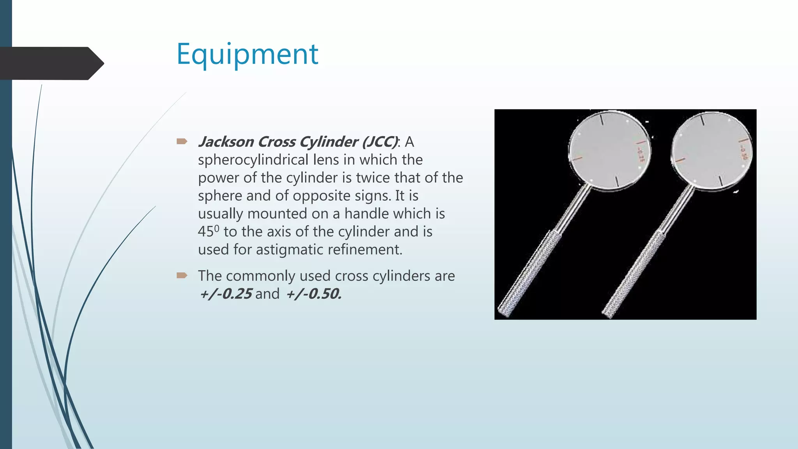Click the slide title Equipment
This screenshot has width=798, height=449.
[x=247, y=55]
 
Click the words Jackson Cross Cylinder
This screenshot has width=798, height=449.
[x=277, y=142]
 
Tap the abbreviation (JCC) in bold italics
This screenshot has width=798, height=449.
[x=380, y=142]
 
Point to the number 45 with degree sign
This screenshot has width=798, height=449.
[x=208, y=231]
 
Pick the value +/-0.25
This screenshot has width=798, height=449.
[x=226, y=294]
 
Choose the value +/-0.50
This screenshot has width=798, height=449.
[x=314, y=294]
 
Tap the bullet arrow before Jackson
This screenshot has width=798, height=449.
[x=182, y=141]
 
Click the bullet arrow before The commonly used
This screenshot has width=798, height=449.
[x=182, y=276]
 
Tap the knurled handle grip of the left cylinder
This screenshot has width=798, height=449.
[x=530, y=273]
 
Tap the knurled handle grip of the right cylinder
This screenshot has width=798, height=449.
[x=633, y=273]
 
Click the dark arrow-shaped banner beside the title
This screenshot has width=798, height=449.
[x=51, y=63]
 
